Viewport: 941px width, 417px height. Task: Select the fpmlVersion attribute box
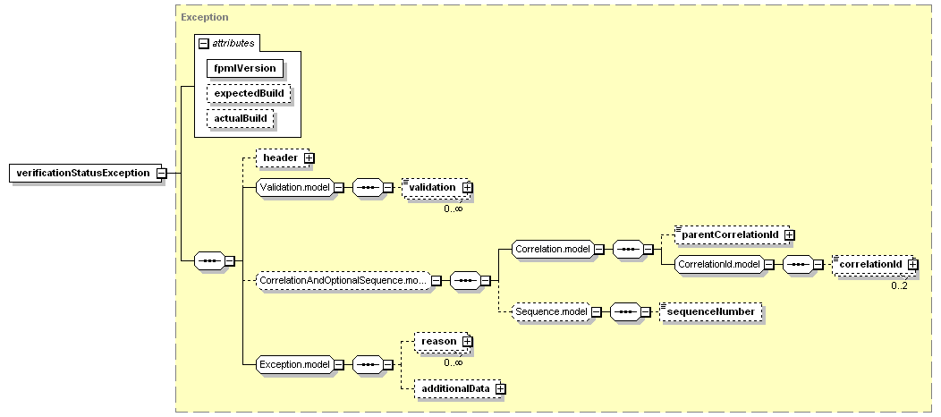point(245,68)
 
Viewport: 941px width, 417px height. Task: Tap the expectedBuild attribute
point(249,94)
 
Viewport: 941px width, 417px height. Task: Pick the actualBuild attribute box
point(240,119)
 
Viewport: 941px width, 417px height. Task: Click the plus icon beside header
point(309,157)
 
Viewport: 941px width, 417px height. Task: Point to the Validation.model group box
point(295,187)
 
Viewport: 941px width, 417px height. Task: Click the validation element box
point(435,187)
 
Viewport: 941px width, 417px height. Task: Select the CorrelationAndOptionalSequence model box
point(343,280)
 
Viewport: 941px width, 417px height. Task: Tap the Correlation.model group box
point(552,249)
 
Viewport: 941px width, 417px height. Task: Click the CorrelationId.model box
point(719,265)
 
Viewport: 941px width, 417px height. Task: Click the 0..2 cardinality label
point(899,285)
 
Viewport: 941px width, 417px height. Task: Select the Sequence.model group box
point(551,311)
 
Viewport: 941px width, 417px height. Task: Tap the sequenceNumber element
point(710,311)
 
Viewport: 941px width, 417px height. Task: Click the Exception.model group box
point(294,364)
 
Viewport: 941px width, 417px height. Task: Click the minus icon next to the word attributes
point(203,43)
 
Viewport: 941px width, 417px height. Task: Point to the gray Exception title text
point(205,17)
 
